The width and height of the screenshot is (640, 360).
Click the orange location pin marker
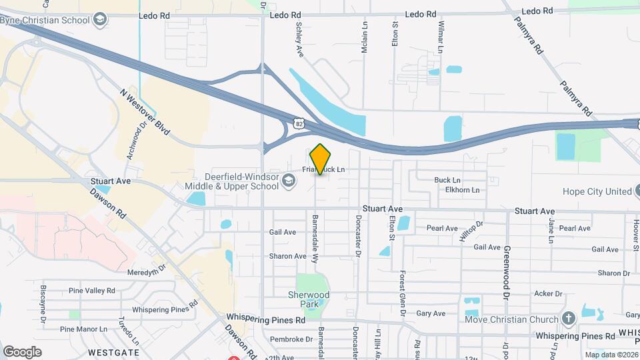click(321, 159)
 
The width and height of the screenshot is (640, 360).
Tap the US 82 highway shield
click(298, 122)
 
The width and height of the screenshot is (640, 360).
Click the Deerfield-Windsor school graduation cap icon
click(289, 181)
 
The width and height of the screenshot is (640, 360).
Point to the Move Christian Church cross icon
click(569, 319)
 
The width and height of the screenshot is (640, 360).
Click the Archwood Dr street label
click(135, 139)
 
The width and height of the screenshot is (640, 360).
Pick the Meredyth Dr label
click(145, 267)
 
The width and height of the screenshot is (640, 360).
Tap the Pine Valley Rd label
click(92, 291)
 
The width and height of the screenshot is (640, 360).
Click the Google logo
click(22, 351)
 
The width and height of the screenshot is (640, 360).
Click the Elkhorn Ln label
click(462, 190)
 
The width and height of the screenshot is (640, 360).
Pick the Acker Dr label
click(548, 293)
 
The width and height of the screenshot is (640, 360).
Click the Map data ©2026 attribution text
click(611, 355)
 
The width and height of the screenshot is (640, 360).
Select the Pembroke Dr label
click(287, 339)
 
